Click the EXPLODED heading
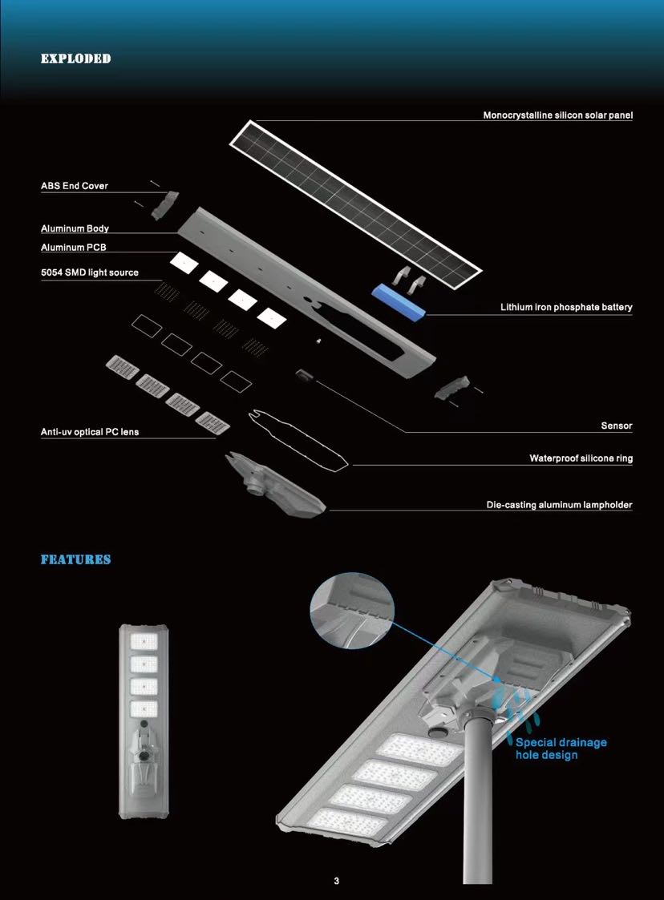click(x=76, y=59)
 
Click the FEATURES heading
click(x=76, y=559)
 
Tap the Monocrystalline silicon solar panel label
click(x=557, y=115)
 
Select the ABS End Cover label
click(x=74, y=186)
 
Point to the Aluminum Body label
click(x=75, y=228)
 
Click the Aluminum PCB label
click(x=74, y=248)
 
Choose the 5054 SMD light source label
click(x=90, y=272)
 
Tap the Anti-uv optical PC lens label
click(x=90, y=432)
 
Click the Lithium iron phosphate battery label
click(x=566, y=307)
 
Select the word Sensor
click(x=617, y=426)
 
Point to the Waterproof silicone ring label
click(x=581, y=458)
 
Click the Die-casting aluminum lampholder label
click(x=559, y=505)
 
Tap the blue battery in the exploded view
click(x=399, y=301)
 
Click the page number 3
click(x=337, y=881)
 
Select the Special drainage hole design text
click(x=561, y=749)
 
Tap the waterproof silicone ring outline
click(x=298, y=440)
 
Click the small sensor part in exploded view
click(x=303, y=375)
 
